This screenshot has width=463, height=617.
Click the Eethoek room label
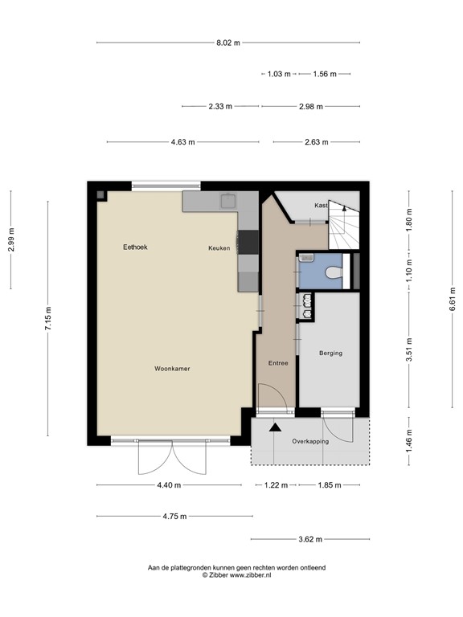pyautogui.click(x=135, y=247)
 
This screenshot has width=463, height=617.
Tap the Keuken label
pyautogui.click(x=219, y=248)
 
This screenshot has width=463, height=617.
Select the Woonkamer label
pyautogui.click(x=172, y=369)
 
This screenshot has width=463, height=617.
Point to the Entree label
pyautogui.click(x=277, y=363)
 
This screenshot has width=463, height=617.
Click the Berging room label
pyautogui.click(x=330, y=353)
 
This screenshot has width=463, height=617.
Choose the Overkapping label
pyautogui.click(x=309, y=441)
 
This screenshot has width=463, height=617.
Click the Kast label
pyautogui.click(x=322, y=206)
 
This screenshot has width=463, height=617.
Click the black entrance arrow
pyautogui.click(x=275, y=427)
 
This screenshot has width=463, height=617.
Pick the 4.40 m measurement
pyautogui.click(x=169, y=485)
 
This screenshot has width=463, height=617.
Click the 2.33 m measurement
pyautogui.click(x=219, y=106)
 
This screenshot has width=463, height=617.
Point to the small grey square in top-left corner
pyautogui.click(x=100, y=194)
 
